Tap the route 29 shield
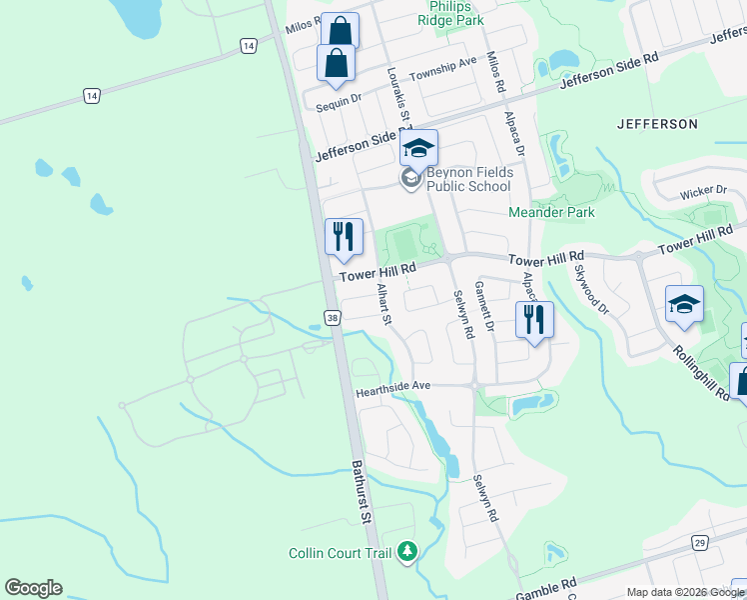click(700, 543)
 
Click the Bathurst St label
click(362, 493)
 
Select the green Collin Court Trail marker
click(406, 551)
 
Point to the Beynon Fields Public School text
click(469, 179)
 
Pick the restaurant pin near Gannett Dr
click(534, 320)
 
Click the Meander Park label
click(551, 212)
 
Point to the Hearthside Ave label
click(392, 386)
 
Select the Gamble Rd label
click(547, 589)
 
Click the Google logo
click(33, 588)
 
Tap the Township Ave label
click(448, 66)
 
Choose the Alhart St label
click(384, 305)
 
